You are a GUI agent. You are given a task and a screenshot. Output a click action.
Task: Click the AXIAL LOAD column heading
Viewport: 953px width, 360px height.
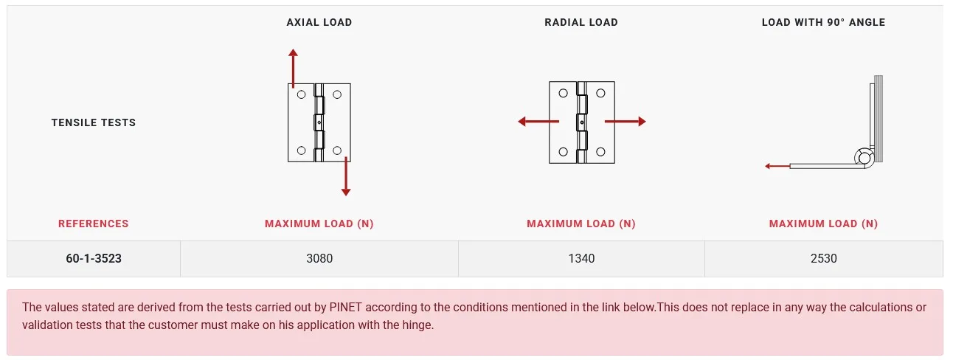(x=319, y=23)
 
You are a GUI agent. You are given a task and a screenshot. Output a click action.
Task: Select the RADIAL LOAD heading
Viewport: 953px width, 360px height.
(x=581, y=23)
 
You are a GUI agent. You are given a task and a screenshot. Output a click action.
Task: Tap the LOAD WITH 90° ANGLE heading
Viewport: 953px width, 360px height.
(x=823, y=23)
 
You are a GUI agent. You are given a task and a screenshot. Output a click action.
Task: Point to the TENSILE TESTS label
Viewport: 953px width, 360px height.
(x=94, y=122)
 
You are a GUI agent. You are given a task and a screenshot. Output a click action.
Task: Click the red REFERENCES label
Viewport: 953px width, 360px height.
(x=93, y=224)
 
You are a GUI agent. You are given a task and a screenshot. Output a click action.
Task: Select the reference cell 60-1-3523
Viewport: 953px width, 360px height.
(x=94, y=258)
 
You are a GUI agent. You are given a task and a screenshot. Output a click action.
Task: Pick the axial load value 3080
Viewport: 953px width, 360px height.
(x=319, y=258)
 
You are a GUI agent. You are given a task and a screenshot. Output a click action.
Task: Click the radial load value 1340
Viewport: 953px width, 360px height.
(x=581, y=258)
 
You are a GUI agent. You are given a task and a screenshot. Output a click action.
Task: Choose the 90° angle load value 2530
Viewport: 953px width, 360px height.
(x=824, y=258)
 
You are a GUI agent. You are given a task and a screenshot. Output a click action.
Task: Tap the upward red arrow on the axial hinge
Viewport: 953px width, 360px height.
(x=293, y=69)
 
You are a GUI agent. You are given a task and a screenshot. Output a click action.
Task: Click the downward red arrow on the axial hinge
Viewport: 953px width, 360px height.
(x=346, y=176)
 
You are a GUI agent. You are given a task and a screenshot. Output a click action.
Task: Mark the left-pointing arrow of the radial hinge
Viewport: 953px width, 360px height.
(x=538, y=122)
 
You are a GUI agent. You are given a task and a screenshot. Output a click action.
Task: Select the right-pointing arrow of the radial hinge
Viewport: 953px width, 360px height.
(x=625, y=122)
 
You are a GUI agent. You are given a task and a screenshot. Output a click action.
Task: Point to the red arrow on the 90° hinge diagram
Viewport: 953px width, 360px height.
(x=777, y=166)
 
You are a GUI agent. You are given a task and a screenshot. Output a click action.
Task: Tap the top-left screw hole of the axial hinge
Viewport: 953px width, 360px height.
(x=301, y=94)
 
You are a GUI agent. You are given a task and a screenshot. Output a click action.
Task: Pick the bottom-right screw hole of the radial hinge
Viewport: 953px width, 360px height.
(x=600, y=151)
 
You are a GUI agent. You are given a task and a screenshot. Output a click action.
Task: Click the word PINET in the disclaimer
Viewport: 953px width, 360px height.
(x=345, y=307)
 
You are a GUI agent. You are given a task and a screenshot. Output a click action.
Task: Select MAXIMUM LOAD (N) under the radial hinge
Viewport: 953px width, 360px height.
(x=581, y=224)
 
